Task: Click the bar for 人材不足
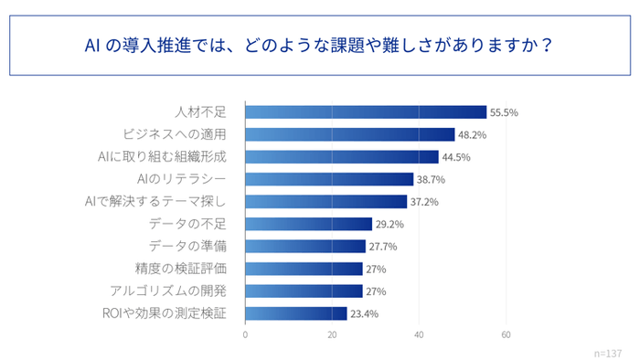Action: click(x=366, y=112)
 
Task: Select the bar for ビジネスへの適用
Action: click(x=350, y=134)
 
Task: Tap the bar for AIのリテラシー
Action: click(x=329, y=179)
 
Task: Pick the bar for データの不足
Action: click(x=309, y=224)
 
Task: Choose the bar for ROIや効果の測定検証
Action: click(x=296, y=313)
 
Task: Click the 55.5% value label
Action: click(x=505, y=112)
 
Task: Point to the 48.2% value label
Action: click(x=473, y=134)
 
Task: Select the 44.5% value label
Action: click(x=457, y=157)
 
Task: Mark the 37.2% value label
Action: click(x=425, y=202)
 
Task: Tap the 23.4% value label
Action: click(x=365, y=313)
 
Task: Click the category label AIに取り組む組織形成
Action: click(x=161, y=157)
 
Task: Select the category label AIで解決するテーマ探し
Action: click(x=155, y=202)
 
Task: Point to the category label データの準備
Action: click(x=187, y=247)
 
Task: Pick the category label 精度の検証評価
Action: click(x=180, y=269)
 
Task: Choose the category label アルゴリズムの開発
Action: click(x=167, y=291)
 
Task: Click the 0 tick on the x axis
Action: click(x=245, y=334)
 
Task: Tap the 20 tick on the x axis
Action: click(x=332, y=334)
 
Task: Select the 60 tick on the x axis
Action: click(x=506, y=334)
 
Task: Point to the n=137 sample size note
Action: click(x=606, y=352)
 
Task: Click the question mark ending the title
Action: click(x=546, y=43)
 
